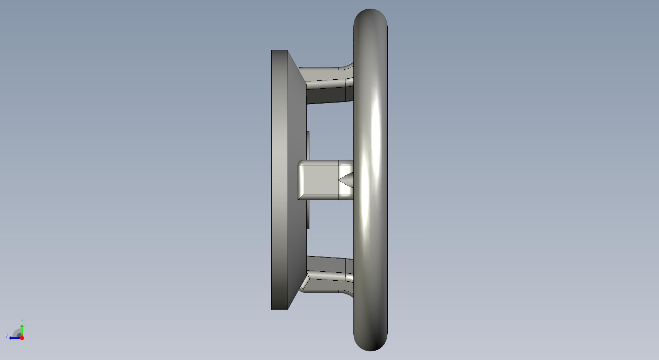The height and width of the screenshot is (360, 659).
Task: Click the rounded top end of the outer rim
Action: click(x=370, y=16)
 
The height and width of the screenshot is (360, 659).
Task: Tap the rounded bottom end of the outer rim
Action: click(x=370, y=344)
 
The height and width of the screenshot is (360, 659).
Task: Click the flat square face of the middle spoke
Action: click(x=321, y=180)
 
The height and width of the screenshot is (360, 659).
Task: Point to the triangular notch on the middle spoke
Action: click(x=346, y=180)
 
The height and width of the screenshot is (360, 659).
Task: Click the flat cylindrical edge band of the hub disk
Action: click(x=280, y=180)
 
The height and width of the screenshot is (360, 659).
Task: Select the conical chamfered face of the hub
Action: click(x=297, y=180)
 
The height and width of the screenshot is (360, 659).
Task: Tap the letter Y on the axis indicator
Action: click(x=21, y=321)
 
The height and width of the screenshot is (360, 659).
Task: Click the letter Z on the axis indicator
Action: click(x=7, y=336)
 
